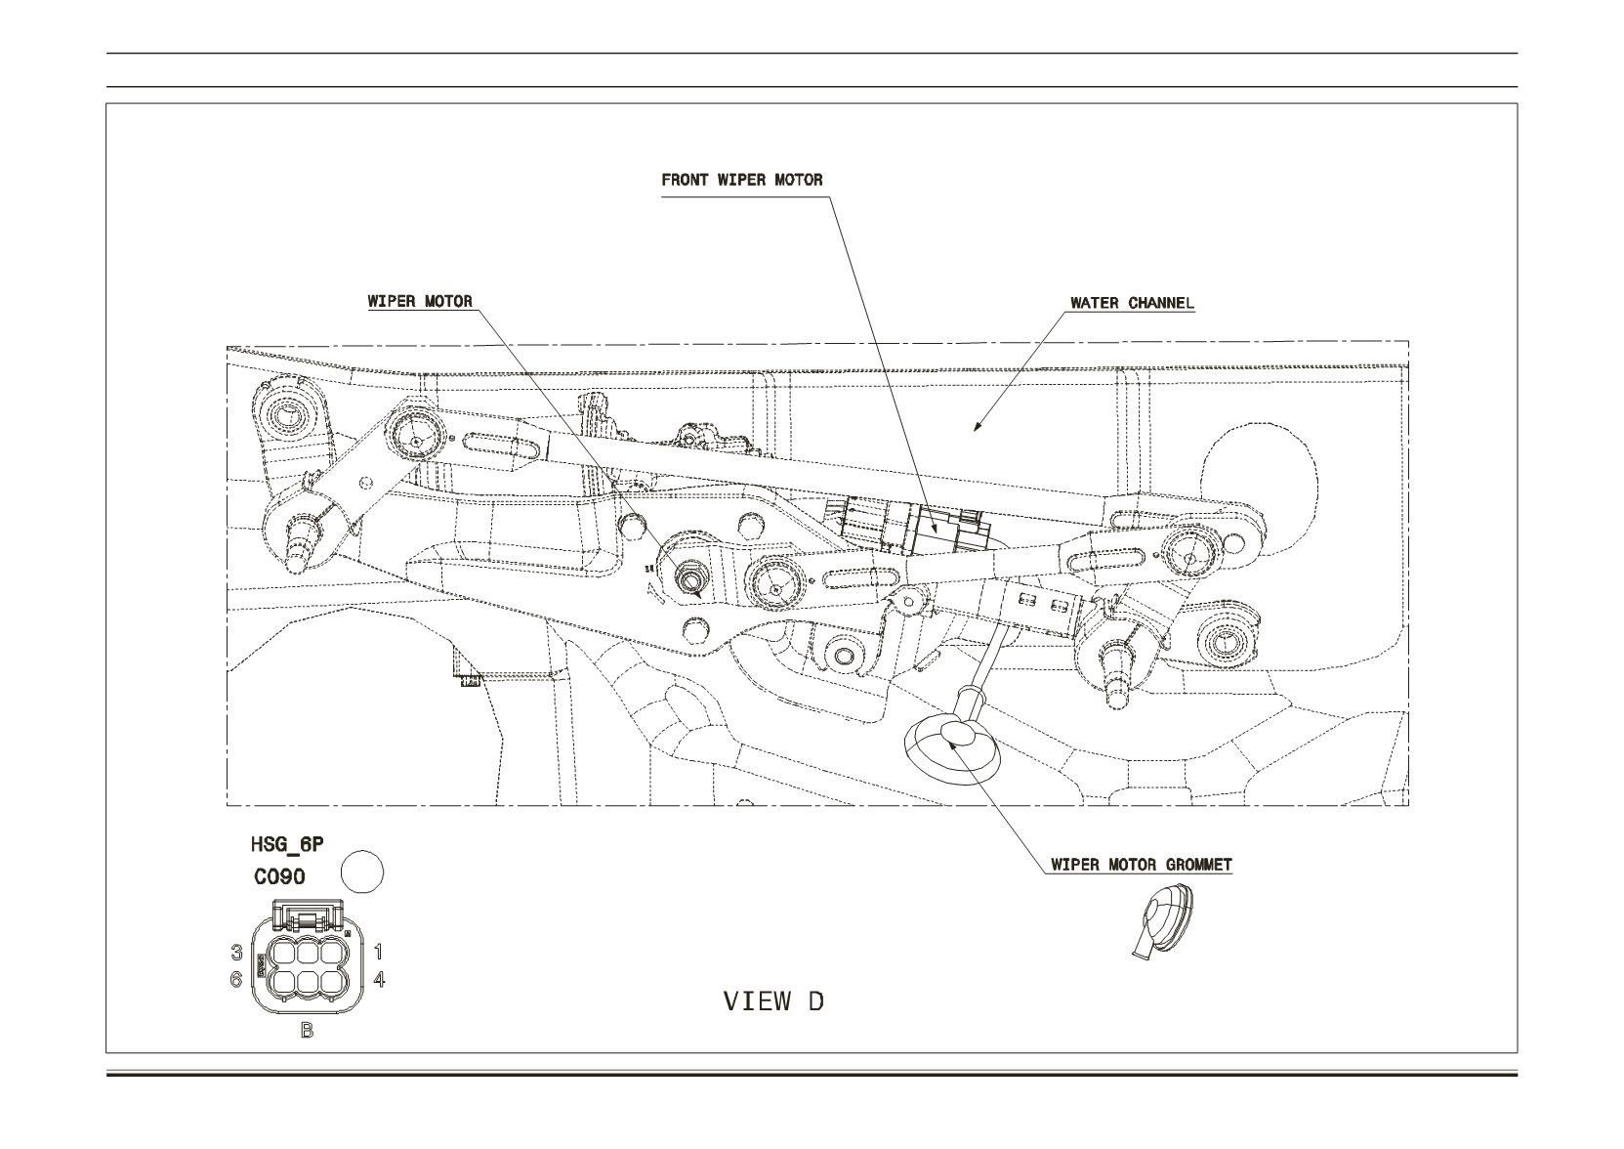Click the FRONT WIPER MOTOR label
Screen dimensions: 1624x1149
click(x=741, y=180)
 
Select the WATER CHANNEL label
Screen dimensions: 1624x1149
click(x=1132, y=303)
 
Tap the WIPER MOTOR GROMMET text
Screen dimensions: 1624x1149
click(x=1142, y=865)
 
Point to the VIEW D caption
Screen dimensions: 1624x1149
click(x=773, y=1001)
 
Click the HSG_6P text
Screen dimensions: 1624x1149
click(x=287, y=845)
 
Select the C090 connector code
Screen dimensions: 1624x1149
click(x=280, y=877)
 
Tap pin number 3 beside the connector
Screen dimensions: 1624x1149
click(x=236, y=952)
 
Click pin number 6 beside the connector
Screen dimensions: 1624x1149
click(x=236, y=979)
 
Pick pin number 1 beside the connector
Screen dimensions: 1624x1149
click(x=378, y=952)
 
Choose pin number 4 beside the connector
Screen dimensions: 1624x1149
click(x=379, y=979)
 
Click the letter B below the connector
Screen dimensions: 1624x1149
click(x=308, y=1030)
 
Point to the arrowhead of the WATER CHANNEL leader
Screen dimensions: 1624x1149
click(x=978, y=427)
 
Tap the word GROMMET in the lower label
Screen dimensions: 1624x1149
click(x=1198, y=865)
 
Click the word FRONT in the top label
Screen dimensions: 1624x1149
click(x=686, y=180)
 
